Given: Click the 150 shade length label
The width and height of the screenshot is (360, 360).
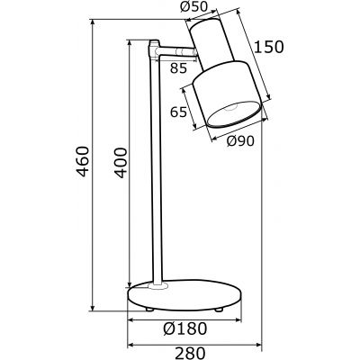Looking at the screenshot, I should [267, 47].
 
